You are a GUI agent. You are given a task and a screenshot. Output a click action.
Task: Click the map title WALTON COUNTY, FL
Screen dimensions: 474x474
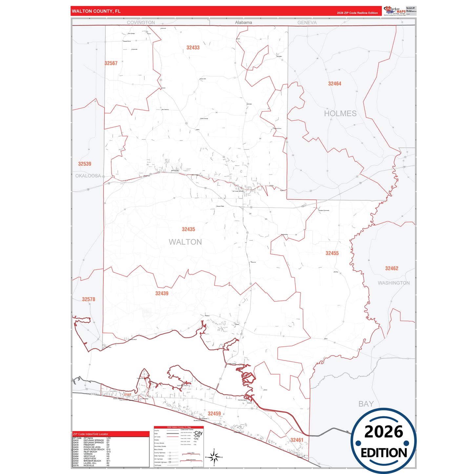click(x=96, y=11)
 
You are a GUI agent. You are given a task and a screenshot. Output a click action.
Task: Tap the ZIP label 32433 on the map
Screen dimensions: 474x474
click(x=193, y=48)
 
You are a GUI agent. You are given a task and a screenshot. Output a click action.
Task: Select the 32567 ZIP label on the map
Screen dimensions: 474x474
click(x=111, y=63)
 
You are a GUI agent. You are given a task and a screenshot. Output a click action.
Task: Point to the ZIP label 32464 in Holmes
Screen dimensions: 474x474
click(x=335, y=84)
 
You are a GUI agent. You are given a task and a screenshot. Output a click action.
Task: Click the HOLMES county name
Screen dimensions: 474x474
click(x=340, y=113)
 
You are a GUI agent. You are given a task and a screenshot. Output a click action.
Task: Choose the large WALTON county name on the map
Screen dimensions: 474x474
click(x=185, y=242)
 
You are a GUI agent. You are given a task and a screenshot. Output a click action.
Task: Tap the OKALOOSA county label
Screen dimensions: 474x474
click(x=88, y=176)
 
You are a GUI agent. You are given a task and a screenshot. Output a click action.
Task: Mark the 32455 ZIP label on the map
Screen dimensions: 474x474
click(x=332, y=253)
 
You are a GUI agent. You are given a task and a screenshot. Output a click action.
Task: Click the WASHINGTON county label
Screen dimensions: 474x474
click(x=394, y=283)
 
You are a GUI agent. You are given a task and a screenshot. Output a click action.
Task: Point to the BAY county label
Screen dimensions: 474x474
click(x=366, y=404)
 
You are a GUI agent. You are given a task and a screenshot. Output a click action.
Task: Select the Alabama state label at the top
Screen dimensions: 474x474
click(x=243, y=23)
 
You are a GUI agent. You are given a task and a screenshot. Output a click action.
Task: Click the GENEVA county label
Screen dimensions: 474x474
click(x=307, y=23)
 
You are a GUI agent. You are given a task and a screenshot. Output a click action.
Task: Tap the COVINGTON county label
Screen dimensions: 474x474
click(x=141, y=23)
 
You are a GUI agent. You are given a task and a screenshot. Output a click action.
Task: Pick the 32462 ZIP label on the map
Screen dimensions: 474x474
click(x=392, y=268)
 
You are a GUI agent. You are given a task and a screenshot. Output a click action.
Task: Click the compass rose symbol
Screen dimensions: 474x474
click(x=214, y=457)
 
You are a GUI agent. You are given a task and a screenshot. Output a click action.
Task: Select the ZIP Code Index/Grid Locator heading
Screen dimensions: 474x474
click(x=91, y=434)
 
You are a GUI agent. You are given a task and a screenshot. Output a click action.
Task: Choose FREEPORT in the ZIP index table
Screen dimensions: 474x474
click(x=89, y=445)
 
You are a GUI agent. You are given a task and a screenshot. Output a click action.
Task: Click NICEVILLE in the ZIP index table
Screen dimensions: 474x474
click(x=89, y=465)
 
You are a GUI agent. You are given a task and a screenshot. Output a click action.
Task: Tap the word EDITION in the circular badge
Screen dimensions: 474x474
click(x=384, y=453)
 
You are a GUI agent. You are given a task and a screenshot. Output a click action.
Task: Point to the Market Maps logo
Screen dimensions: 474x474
click(x=395, y=11)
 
